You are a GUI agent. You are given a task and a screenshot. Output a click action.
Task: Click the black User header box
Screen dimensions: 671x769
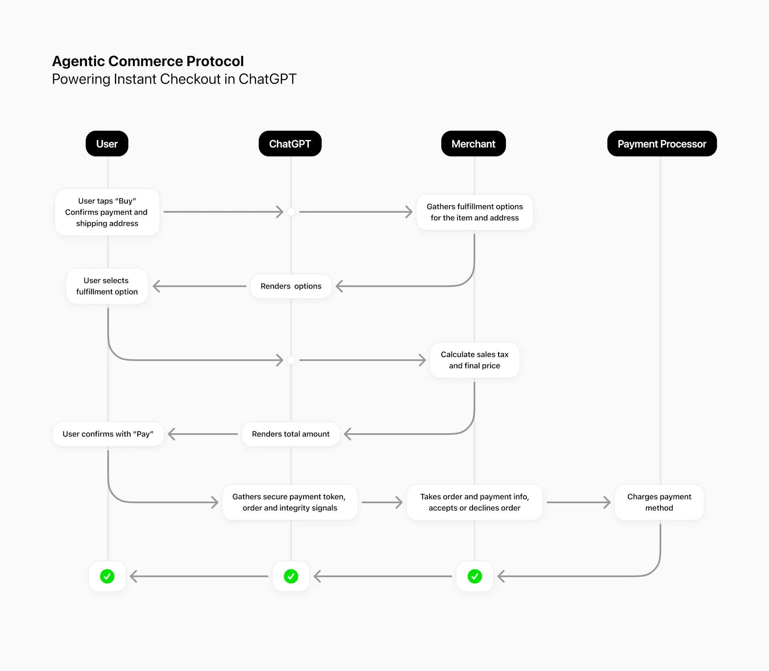click(107, 144)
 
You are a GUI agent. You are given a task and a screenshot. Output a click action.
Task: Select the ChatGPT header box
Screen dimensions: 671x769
click(290, 144)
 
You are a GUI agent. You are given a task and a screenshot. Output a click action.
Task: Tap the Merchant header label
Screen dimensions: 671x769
click(473, 144)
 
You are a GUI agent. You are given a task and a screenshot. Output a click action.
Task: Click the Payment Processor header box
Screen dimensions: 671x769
click(662, 144)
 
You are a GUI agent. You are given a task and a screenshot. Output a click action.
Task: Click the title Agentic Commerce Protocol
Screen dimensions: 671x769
click(148, 61)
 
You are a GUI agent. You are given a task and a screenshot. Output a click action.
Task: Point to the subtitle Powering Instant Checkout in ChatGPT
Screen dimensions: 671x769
click(174, 79)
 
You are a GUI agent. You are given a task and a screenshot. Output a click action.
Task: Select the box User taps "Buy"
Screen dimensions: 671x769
click(107, 212)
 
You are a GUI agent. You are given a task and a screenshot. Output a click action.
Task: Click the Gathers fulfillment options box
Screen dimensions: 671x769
click(475, 212)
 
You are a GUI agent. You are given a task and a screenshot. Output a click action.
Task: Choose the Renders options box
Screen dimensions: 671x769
click(291, 286)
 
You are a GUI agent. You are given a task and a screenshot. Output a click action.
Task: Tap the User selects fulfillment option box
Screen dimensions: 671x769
click(107, 286)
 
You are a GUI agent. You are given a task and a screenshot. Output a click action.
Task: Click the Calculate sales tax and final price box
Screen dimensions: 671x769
click(475, 360)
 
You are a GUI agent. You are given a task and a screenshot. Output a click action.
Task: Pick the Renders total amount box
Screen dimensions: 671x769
click(291, 434)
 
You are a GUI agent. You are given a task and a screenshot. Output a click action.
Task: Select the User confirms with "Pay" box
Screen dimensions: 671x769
click(108, 434)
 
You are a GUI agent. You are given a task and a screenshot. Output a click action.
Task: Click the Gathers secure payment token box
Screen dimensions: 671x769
click(290, 502)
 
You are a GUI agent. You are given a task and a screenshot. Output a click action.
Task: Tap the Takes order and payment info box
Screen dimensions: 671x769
click(475, 502)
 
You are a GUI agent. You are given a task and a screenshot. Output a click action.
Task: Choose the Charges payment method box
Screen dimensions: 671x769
click(659, 502)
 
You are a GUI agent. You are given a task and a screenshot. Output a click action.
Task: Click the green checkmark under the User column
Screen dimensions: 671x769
click(107, 577)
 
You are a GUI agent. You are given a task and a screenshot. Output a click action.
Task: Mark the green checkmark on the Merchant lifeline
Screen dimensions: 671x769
click(475, 577)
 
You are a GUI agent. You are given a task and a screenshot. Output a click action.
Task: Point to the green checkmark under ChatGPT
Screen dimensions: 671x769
click(291, 577)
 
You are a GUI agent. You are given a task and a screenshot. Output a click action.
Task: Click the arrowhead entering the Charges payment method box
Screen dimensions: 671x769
click(608, 502)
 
